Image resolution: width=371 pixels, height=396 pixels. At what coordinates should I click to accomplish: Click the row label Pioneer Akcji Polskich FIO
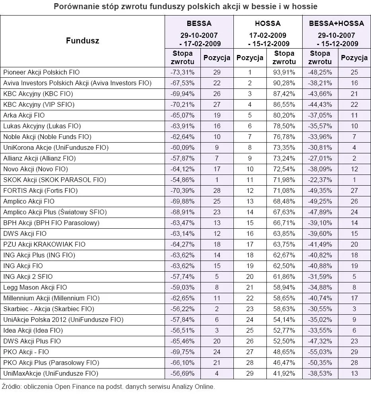point(41,72)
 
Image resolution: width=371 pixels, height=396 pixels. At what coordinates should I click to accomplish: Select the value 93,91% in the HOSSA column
point(284,72)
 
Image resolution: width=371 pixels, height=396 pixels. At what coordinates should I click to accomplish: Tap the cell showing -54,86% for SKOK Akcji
point(183,180)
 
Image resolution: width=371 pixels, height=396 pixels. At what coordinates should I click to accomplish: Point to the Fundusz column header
point(82,40)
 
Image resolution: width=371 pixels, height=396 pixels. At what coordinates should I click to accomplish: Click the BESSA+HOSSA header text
point(336,24)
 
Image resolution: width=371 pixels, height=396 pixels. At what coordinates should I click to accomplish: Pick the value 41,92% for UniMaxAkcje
point(284,373)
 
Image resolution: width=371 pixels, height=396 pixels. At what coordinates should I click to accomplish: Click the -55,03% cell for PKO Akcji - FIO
point(319,352)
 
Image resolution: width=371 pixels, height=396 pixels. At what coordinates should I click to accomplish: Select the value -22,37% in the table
point(319,180)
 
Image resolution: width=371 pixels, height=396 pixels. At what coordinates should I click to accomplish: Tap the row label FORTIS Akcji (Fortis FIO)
point(40,190)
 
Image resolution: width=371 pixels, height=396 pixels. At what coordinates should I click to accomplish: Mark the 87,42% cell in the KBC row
point(284,94)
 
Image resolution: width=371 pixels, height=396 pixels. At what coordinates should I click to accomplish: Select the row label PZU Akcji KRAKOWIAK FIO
point(44,244)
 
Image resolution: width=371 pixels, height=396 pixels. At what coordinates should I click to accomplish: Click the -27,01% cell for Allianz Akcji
point(319,158)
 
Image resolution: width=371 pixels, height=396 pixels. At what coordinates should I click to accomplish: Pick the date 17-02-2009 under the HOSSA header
point(268,36)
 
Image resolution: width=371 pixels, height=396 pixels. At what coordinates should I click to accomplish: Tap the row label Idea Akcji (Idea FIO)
point(33,330)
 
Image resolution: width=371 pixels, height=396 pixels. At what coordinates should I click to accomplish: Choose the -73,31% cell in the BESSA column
point(183,72)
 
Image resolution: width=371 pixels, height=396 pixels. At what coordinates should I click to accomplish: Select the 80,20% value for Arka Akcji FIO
point(284,115)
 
